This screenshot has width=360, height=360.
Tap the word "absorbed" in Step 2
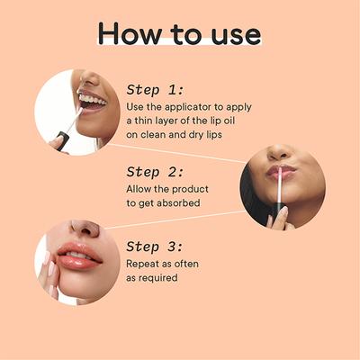pos(181,203)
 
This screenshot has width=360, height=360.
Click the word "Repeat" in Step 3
pos(147,263)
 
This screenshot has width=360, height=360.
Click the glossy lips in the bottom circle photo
pos(80,258)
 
